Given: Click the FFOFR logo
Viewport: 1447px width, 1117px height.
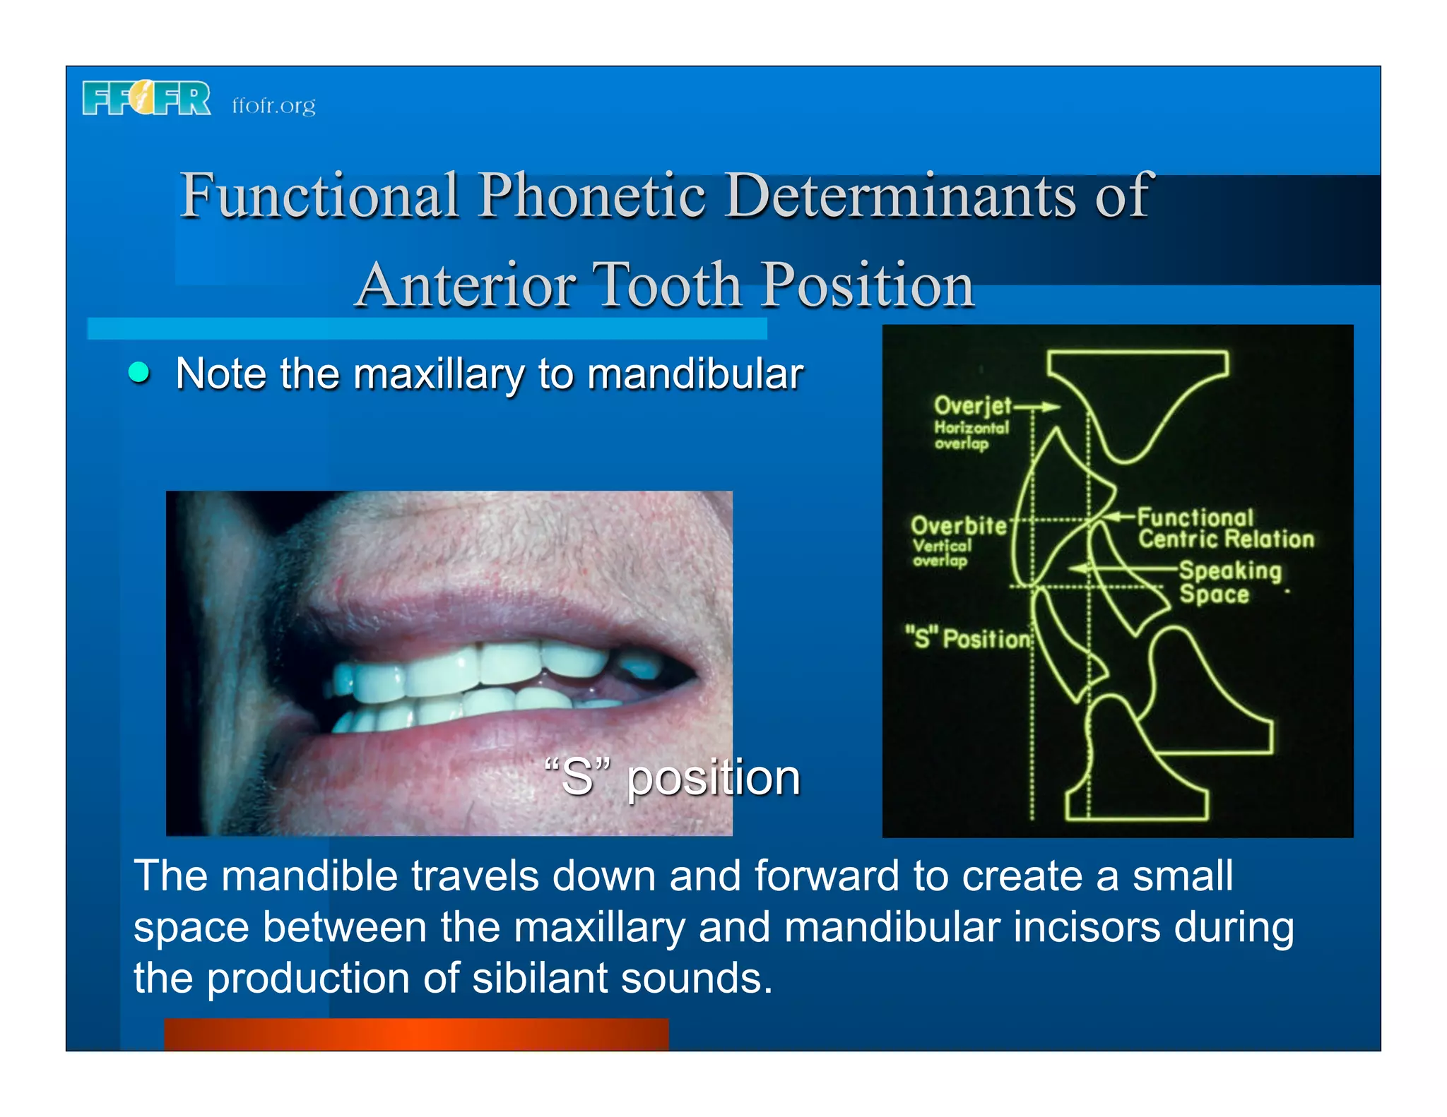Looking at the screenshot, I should tap(146, 98).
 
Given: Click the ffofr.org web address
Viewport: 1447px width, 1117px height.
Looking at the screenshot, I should tap(273, 106).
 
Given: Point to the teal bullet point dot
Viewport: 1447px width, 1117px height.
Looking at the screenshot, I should tap(139, 372).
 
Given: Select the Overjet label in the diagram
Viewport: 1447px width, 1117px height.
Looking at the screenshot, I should tap(973, 406).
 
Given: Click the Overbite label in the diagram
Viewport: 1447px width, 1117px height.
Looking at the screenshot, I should tap(958, 526).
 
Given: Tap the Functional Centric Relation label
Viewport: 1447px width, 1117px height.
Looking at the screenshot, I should tap(1225, 528).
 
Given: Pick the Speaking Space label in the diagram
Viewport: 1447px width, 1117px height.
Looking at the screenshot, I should tap(1229, 582).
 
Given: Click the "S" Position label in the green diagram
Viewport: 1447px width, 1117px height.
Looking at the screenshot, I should tap(968, 638).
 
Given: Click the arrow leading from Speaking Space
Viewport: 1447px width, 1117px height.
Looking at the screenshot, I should tap(1123, 568).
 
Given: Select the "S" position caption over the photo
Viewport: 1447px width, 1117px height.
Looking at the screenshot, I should tap(672, 777).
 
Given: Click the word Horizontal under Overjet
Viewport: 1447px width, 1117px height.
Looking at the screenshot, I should tap(971, 428).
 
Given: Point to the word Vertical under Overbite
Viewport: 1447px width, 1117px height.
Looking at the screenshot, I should tap(942, 546).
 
